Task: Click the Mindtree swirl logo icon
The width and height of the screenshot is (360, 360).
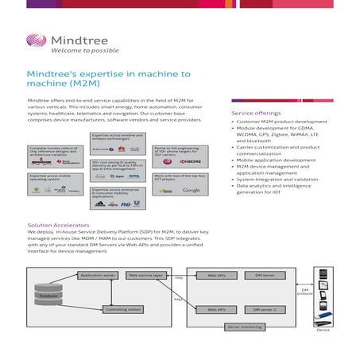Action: tap(36, 41)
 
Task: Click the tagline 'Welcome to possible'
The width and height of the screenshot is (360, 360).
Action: tap(81, 50)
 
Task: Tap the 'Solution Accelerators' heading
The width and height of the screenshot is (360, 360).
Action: tap(58, 226)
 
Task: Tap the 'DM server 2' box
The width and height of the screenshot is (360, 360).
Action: tap(265, 309)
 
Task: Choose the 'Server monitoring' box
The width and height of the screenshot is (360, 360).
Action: tap(244, 327)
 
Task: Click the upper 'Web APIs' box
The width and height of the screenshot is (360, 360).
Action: tap(216, 275)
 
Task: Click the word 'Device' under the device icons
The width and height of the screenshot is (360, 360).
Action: tap(323, 340)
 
